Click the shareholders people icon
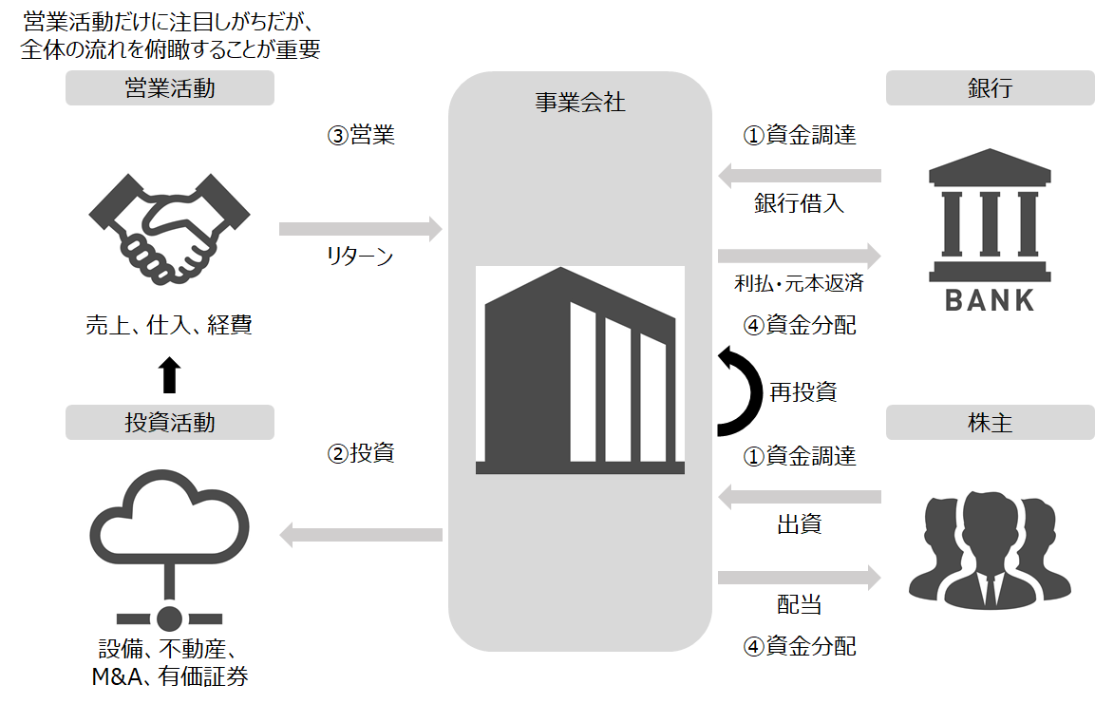coord(990,551)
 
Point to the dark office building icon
coord(579,371)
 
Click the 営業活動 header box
coord(169,89)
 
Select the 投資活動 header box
coord(169,423)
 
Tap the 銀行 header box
coord(990,89)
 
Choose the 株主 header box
coord(990,423)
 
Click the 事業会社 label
coord(579,103)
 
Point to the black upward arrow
coord(169,375)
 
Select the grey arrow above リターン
coord(361,228)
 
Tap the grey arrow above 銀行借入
coord(800,175)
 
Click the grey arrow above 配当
coord(800,577)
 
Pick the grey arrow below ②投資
coord(361,536)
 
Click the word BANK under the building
coord(990,301)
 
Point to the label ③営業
coord(361,136)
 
